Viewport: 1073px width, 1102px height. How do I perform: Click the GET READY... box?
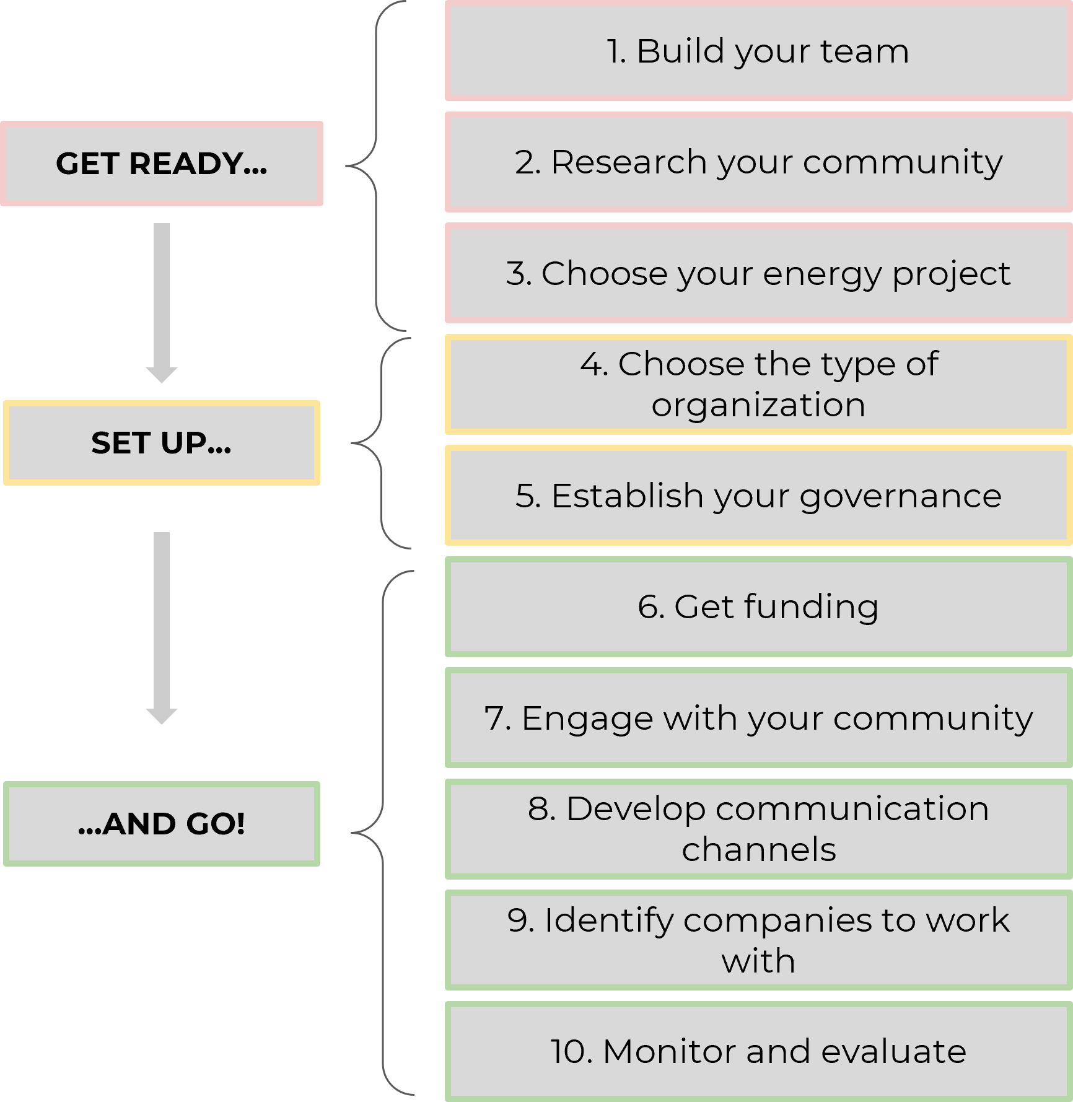(x=162, y=164)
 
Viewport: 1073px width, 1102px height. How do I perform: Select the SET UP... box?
(x=162, y=443)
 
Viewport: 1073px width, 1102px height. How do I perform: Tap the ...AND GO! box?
(x=162, y=824)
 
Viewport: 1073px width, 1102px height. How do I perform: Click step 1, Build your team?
(x=759, y=51)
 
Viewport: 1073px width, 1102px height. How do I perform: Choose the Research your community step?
(x=759, y=162)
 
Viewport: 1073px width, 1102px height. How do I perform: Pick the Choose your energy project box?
(x=759, y=273)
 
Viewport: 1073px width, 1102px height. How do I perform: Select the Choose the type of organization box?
(x=759, y=384)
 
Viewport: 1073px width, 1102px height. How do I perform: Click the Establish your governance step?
(x=759, y=496)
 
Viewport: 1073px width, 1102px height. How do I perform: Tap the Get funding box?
(x=759, y=606)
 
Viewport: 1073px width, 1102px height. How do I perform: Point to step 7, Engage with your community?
(x=759, y=718)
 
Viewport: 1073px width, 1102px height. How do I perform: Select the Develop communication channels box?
(x=759, y=829)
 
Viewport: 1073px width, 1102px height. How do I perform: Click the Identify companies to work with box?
(x=759, y=940)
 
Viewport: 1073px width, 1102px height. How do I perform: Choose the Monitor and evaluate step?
(x=759, y=1051)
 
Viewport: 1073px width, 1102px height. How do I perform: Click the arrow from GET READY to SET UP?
(x=162, y=303)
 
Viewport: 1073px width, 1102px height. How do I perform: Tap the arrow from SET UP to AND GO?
(x=162, y=628)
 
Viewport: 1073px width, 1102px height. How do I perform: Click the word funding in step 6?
(x=812, y=606)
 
